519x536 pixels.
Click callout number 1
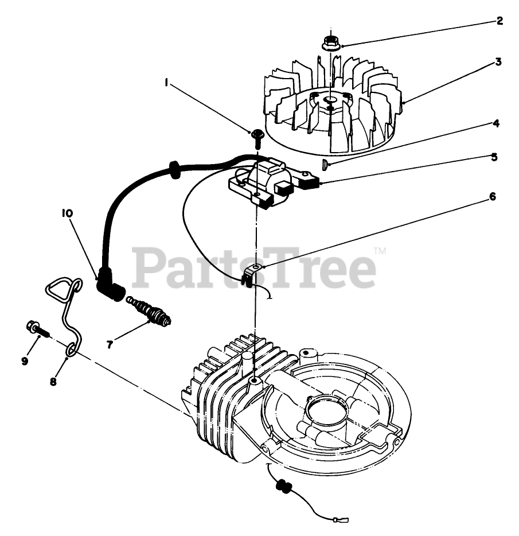point(166,83)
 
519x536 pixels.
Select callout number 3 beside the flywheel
point(498,62)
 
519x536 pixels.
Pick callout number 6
point(492,197)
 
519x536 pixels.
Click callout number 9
point(25,361)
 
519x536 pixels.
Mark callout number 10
point(67,213)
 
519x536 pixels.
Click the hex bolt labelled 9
point(36,329)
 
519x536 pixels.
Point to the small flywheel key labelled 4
point(325,165)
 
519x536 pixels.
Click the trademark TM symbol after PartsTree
point(380,251)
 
